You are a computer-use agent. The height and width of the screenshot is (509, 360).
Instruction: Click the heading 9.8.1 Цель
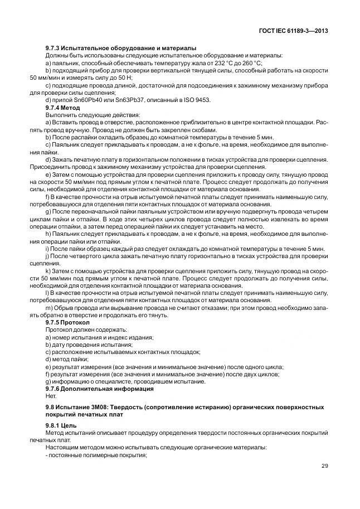tap(61, 425)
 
